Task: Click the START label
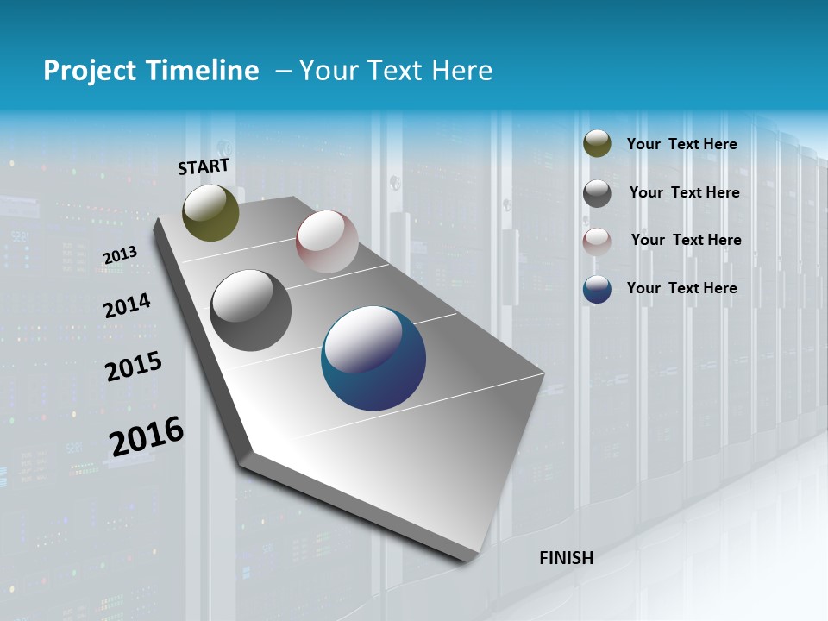coord(204,166)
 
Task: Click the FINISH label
coord(566,558)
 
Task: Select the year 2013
coord(120,255)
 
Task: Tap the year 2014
coord(127,305)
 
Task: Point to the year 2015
coord(133,367)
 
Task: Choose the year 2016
coord(146,436)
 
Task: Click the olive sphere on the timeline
coord(210,213)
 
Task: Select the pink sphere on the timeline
coord(327,241)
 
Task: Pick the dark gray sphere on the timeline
coord(251,310)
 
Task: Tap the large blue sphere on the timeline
coord(373,359)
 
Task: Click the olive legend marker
coord(597,144)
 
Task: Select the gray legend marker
coord(597,193)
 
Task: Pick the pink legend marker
coord(597,241)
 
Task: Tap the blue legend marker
coord(597,289)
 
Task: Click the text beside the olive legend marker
coord(681,144)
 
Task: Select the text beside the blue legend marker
coord(681,288)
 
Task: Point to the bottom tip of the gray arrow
coord(470,561)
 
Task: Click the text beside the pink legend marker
coord(686,240)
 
